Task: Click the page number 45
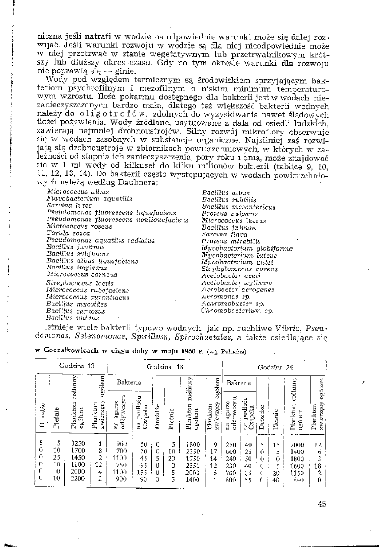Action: (321, 504)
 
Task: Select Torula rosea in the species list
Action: (65, 233)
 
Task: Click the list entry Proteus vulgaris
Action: (229, 214)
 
